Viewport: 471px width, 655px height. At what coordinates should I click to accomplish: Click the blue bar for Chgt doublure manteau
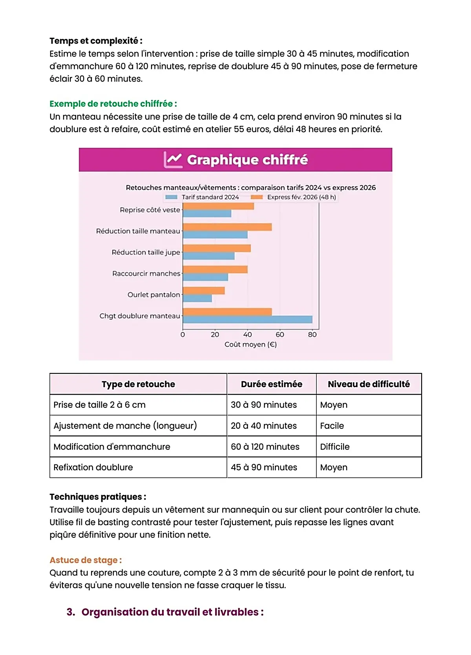[x=247, y=320]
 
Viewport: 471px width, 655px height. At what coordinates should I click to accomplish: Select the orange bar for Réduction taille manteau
[x=227, y=227]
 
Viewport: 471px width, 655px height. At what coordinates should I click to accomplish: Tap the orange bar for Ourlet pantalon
[x=204, y=291]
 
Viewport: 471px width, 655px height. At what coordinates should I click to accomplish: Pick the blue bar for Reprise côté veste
[x=207, y=214]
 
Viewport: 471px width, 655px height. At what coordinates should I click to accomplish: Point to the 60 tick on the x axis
[x=279, y=335]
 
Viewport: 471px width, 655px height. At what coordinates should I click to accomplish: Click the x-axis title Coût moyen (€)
[x=250, y=344]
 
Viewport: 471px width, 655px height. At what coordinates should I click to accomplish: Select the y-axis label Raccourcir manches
[x=146, y=273]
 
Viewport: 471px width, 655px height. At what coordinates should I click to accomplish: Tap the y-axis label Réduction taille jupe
[x=146, y=252]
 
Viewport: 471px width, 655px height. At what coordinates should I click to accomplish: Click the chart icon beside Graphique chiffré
[x=173, y=160]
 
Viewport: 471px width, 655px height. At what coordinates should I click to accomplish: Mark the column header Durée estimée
[x=272, y=384]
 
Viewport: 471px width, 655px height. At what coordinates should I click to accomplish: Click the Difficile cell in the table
[x=335, y=447]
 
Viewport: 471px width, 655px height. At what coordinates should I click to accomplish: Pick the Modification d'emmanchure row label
[x=112, y=447]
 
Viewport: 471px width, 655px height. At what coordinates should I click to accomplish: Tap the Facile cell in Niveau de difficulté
[x=332, y=426]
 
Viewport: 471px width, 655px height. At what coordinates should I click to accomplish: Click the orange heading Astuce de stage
[x=86, y=560]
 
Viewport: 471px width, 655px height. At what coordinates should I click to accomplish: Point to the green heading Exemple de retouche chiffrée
[x=113, y=104]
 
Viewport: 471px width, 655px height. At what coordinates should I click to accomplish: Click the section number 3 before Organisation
[x=71, y=612]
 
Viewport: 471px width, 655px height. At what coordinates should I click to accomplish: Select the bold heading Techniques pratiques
[x=98, y=497]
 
